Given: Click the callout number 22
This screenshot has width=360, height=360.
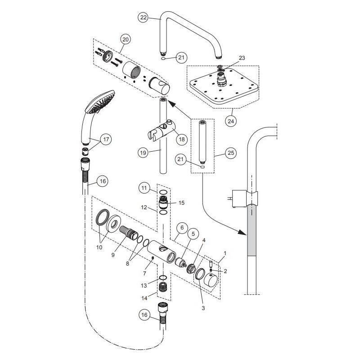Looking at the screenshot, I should click(143, 17).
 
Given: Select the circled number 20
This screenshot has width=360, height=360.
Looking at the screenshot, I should click(125, 40).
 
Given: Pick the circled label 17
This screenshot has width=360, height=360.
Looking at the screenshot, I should click(106, 140).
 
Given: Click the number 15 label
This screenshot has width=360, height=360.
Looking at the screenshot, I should click(182, 203).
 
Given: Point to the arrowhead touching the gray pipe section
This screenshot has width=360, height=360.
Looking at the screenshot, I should click(243, 234).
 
